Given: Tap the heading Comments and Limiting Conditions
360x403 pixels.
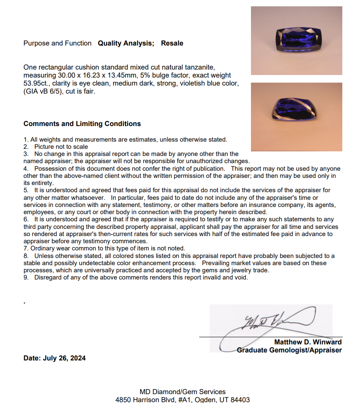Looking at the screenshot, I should coord(82,124).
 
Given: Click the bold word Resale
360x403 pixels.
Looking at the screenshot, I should coord(172,43).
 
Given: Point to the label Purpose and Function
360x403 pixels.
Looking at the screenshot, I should coord(57,43).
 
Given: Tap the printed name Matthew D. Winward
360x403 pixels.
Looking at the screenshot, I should coord(308,342).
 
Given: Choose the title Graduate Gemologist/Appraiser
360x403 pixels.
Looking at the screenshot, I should coord(289,350).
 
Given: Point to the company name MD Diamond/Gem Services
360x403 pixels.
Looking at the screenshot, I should coord(182,392).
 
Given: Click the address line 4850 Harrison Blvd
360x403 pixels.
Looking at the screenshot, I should coord(147,400).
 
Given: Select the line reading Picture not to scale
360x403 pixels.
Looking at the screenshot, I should coord(61,147).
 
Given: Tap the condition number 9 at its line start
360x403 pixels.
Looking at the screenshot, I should coord(26,277).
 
